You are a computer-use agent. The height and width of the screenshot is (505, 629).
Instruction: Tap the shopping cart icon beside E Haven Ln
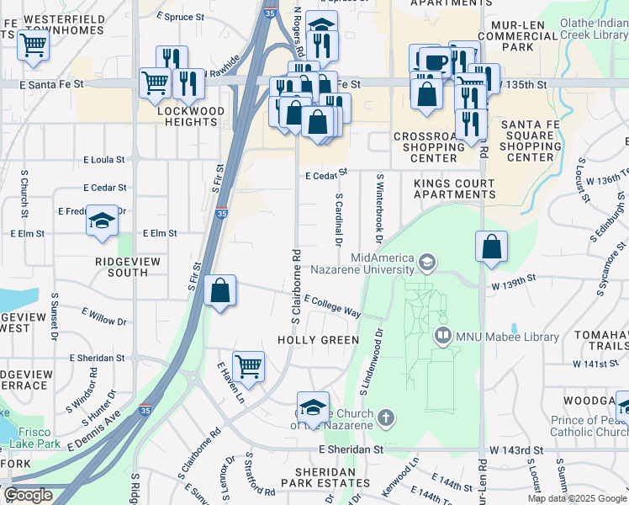coord(248,366)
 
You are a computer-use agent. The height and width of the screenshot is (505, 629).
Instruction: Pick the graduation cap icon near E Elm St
coord(102,222)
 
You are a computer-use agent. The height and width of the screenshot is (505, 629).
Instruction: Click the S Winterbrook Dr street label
coord(380,205)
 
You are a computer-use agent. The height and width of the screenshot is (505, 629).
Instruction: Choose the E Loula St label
coord(103,159)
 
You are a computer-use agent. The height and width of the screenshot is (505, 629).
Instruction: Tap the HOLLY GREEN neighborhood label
coord(318,340)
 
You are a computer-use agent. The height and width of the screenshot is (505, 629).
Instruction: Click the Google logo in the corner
coord(29,495)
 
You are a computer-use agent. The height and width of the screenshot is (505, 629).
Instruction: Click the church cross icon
coord(385,417)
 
